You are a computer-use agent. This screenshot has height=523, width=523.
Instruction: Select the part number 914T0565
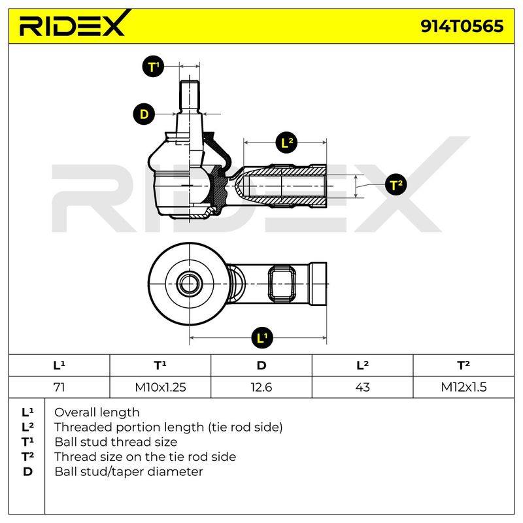tap(462, 26)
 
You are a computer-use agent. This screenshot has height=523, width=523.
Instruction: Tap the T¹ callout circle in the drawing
tap(153, 67)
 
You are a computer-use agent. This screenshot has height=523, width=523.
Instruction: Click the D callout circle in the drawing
tap(144, 114)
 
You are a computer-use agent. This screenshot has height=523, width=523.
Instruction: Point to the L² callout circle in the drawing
tap(287, 143)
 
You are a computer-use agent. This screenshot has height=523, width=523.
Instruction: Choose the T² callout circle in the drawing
tap(396, 184)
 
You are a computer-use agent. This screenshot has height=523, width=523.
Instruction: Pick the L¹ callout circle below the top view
tap(262, 337)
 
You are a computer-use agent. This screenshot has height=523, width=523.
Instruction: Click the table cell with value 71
tap(59, 387)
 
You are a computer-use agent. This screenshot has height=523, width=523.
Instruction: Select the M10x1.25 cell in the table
tap(160, 387)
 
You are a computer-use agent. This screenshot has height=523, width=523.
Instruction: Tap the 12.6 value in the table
tap(261, 387)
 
